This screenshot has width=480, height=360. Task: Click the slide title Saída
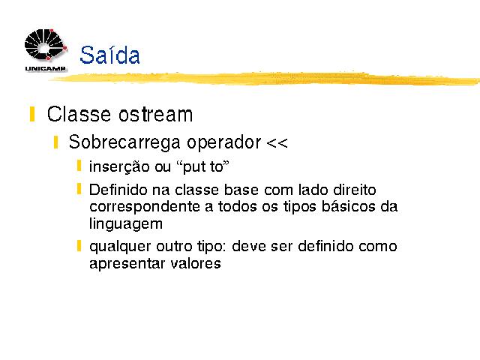[109, 55]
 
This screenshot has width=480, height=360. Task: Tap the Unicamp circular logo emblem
[46, 45]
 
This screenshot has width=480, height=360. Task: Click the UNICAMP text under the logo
[45, 68]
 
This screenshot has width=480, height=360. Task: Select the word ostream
[155, 114]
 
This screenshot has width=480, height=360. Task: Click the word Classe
[79, 114]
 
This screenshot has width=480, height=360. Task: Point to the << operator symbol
[277, 143]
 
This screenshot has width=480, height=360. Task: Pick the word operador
[223, 142]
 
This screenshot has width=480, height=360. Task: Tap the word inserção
[119, 167]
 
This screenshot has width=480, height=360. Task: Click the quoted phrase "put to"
[202, 167]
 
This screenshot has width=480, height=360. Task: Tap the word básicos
[348, 206]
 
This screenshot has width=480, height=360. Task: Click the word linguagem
[126, 223]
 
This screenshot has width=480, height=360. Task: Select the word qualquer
[120, 247]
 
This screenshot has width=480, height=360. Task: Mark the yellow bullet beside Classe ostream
[31, 114]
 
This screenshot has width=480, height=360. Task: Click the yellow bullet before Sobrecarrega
[55, 142]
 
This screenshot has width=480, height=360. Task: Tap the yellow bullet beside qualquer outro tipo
[79, 246]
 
